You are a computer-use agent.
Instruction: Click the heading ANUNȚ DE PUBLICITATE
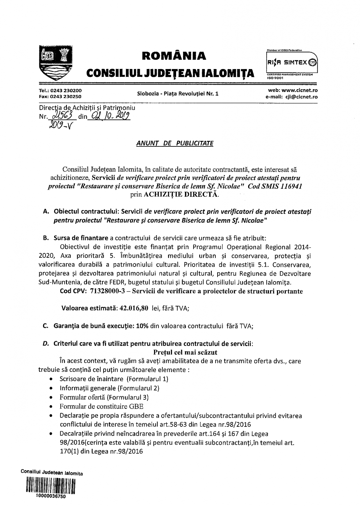[x=175, y=143]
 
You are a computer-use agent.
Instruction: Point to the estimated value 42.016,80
[x=134, y=308]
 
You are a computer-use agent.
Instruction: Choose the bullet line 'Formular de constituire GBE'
[x=101, y=407]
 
